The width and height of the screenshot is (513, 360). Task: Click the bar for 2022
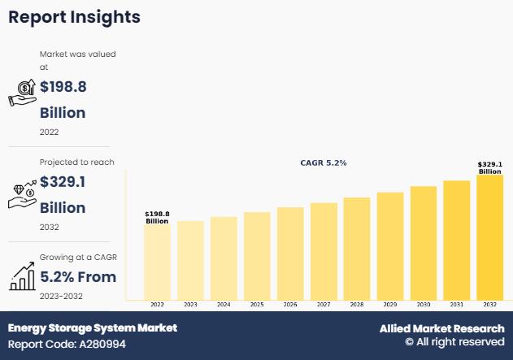(157, 262)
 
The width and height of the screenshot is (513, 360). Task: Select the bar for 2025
(257, 255)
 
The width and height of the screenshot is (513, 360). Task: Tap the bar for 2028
(357, 248)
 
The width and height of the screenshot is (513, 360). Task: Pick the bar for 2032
(490, 236)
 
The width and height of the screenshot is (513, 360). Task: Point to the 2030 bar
(424, 242)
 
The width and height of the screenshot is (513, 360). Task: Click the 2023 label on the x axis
(190, 305)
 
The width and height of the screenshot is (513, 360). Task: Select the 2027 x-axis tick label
(324, 305)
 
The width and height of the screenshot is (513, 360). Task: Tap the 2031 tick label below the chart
(457, 305)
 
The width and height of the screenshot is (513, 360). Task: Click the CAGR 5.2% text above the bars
(324, 163)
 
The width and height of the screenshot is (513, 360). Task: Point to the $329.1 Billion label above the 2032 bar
(490, 167)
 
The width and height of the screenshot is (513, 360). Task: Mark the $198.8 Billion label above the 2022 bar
(157, 218)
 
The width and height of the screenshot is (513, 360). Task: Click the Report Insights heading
(74, 17)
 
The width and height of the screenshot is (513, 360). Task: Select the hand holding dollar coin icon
(22, 93)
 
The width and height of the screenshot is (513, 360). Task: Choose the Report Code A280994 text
(67, 345)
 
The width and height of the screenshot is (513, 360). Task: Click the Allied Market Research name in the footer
(441, 328)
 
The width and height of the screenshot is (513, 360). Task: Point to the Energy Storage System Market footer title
(93, 328)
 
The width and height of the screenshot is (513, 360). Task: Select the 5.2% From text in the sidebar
(78, 277)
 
